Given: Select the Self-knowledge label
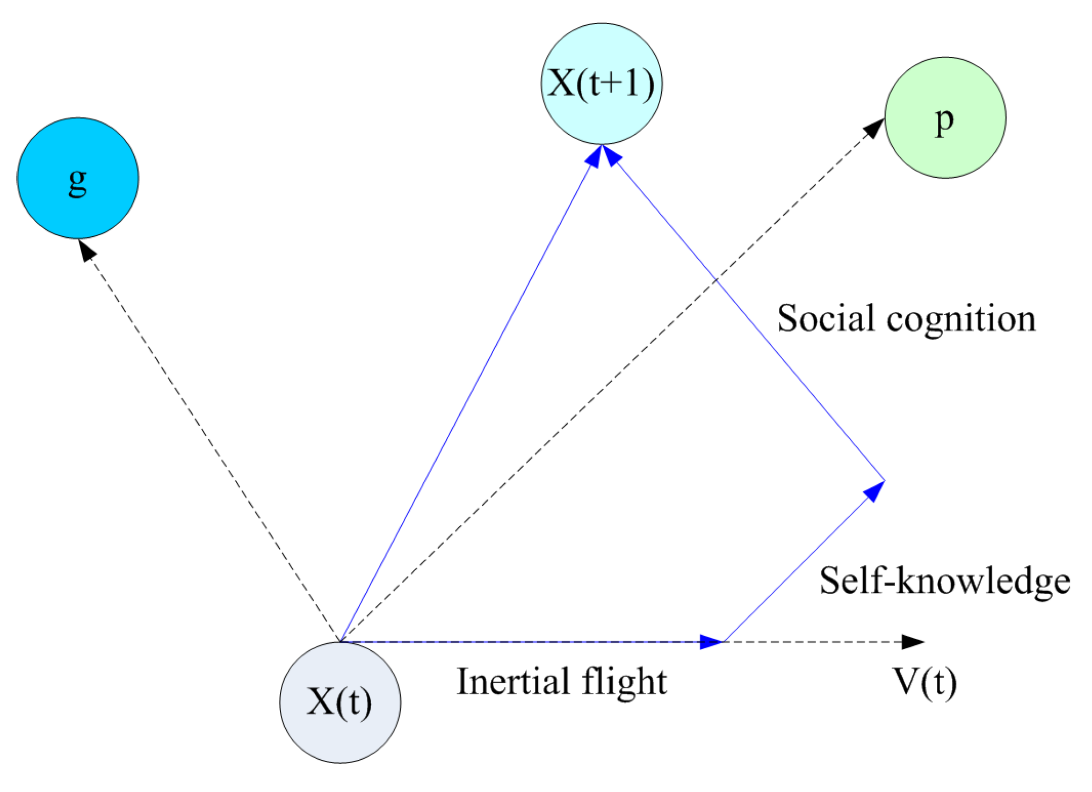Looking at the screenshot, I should click(x=944, y=582).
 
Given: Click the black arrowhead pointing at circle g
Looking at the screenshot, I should click(x=86, y=250).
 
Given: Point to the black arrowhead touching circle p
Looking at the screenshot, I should click(x=874, y=128).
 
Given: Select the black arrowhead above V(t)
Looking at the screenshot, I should click(x=912, y=641).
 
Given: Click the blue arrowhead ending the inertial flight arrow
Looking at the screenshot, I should click(x=711, y=641).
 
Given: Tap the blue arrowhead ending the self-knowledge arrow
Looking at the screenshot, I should click(x=874, y=490).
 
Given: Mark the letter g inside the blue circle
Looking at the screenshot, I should click(x=78, y=181).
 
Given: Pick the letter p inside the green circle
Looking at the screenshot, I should click(x=945, y=121).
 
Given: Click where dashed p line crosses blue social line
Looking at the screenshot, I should click(x=715, y=280).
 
